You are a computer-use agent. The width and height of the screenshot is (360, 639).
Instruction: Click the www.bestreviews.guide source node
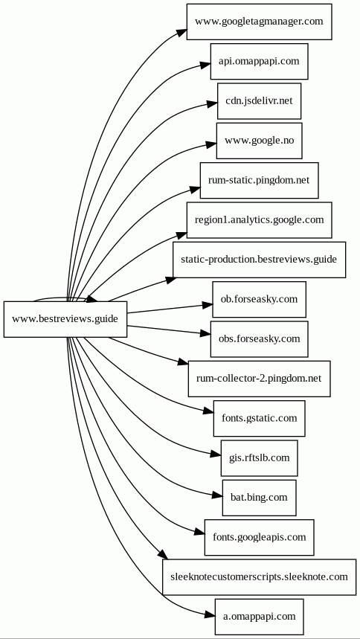[x=65, y=319]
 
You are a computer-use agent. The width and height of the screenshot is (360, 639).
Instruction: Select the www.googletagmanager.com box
[x=259, y=22]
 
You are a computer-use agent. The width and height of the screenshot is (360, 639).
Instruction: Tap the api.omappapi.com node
[x=259, y=61]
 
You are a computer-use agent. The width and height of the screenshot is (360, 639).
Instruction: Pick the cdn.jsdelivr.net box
[x=259, y=101]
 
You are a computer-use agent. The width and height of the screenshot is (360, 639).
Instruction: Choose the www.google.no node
[x=259, y=141]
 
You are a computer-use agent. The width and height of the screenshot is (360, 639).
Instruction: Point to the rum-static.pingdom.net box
[x=259, y=180]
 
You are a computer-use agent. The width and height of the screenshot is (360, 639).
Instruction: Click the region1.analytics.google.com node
[x=259, y=219]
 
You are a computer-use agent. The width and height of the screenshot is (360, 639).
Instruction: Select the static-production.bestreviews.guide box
[x=259, y=260]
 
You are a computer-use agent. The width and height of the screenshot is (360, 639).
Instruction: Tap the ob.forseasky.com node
[x=259, y=299]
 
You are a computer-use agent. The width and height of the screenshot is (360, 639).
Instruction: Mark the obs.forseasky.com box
[x=259, y=338]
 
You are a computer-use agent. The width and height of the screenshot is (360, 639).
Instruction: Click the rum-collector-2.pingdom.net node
[x=259, y=378]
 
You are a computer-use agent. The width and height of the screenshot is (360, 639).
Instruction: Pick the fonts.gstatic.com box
[x=259, y=418]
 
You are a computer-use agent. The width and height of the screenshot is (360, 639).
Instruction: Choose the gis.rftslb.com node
[x=259, y=457]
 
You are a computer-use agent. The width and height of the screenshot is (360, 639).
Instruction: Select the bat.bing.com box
[x=259, y=497]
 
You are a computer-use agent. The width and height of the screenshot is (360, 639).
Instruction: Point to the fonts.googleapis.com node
[x=259, y=537]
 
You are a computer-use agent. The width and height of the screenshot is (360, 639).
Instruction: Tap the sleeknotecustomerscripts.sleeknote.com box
[x=259, y=577]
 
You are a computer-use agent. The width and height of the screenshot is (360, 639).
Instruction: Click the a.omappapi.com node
[x=259, y=616]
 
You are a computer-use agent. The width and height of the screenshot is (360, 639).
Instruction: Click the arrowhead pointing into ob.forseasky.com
[x=208, y=305]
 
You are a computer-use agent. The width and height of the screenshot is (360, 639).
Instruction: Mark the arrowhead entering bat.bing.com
[x=218, y=495]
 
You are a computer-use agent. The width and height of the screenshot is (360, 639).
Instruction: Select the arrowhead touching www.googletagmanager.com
[x=182, y=33]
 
